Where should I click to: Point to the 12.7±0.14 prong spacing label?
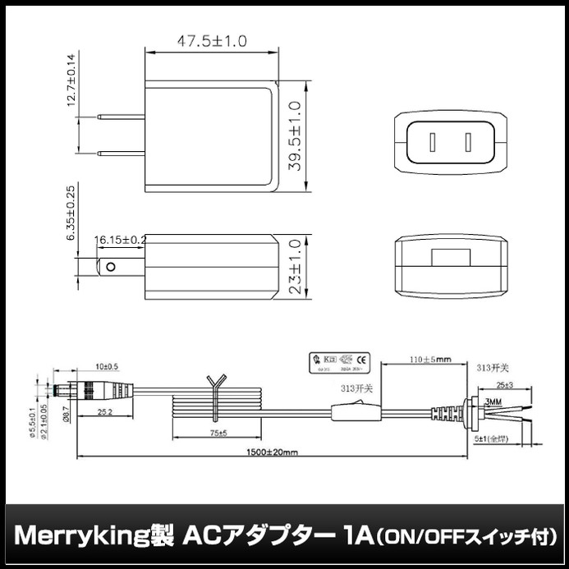pyautogui.click(x=71, y=80)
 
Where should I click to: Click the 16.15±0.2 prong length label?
pyautogui.click(x=120, y=240)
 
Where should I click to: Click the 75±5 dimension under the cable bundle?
pyautogui.click(x=217, y=432)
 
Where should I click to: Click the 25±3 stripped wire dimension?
pyautogui.click(x=505, y=385)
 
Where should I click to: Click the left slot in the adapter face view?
pyautogui.click(x=432, y=143)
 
